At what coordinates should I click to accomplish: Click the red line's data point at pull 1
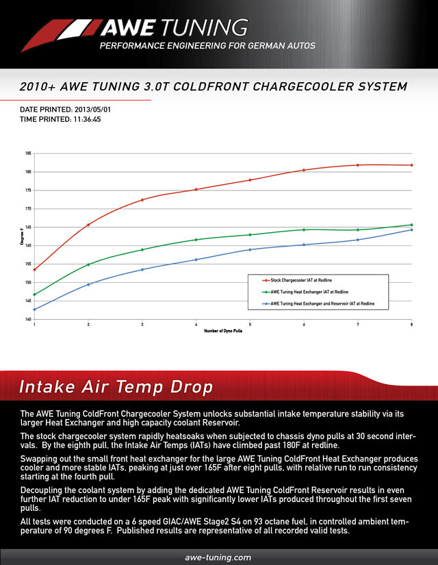click(34, 269)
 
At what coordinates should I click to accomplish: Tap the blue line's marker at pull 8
click(411, 229)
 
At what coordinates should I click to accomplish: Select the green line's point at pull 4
click(196, 240)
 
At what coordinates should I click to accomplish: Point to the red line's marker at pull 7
click(358, 165)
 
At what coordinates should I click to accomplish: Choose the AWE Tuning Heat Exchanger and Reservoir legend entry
click(322, 303)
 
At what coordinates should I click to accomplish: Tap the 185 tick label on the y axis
click(28, 153)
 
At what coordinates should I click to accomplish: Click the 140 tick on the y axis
click(28, 319)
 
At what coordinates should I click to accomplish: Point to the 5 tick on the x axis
click(250, 325)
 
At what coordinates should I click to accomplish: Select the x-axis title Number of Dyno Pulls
click(222, 331)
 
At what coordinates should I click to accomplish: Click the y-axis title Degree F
click(21, 236)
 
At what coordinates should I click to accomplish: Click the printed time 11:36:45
click(87, 118)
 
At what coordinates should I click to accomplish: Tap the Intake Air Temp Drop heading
click(116, 387)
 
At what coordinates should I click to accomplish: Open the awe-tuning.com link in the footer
click(218, 557)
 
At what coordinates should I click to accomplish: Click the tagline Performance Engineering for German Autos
click(207, 46)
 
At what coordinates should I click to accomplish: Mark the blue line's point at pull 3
click(142, 269)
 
